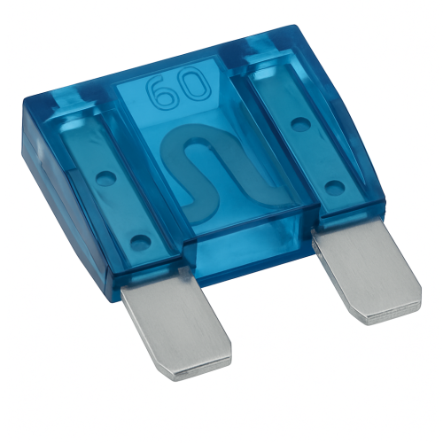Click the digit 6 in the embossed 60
coord(162,92)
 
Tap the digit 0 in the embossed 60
coord(195,85)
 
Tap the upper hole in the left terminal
coord(106,177)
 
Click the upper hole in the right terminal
coord(299,123)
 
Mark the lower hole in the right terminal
coord(335,186)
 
